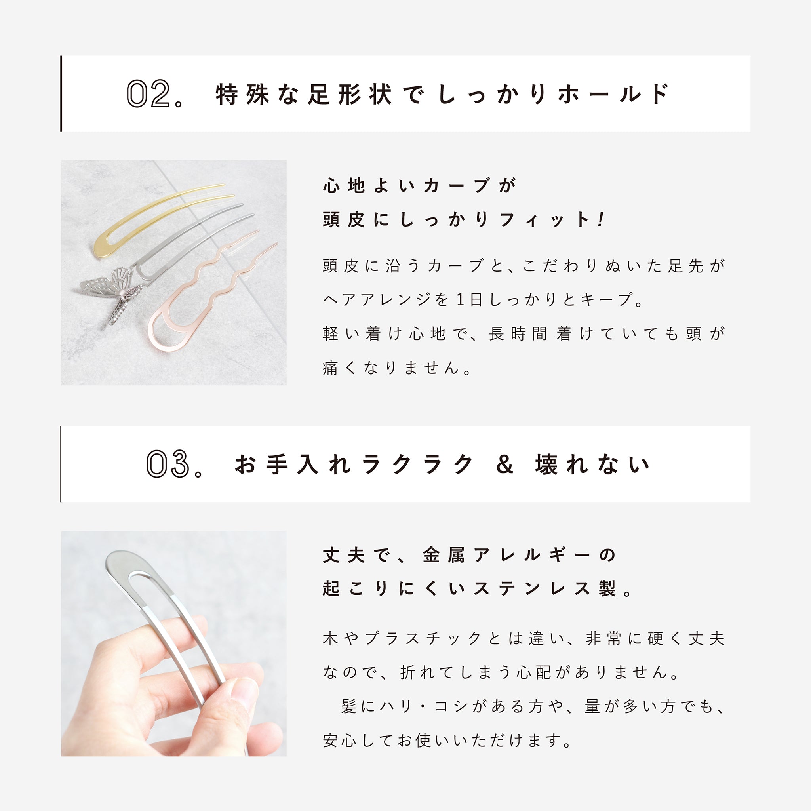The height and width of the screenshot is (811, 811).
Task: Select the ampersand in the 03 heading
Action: [504, 464]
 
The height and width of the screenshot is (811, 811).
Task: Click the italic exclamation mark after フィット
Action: [601, 219]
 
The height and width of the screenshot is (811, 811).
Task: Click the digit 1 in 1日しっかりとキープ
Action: [461, 300]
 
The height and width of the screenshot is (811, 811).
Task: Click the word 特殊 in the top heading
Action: [242, 93]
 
